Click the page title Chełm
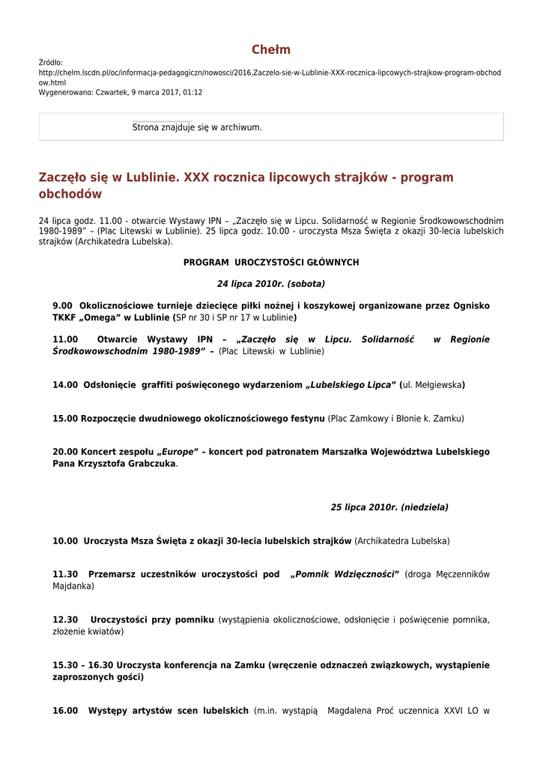[x=271, y=50]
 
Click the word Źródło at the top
[x=51, y=63]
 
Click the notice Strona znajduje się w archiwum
[x=197, y=127]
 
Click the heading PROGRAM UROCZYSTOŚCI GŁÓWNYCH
[x=271, y=262]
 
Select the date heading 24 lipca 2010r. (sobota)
[x=271, y=284]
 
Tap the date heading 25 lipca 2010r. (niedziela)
[x=389, y=507]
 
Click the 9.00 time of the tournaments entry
[x=62, y=306]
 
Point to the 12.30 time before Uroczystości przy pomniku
[x=65, y=619]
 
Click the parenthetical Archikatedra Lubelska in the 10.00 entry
[x=403, y=541]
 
